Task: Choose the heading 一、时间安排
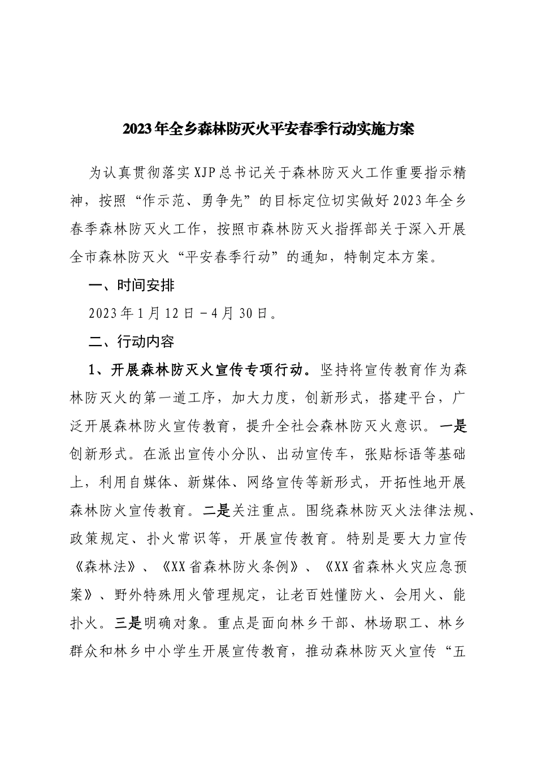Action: [132, 286]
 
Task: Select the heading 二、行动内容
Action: [132, 342]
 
